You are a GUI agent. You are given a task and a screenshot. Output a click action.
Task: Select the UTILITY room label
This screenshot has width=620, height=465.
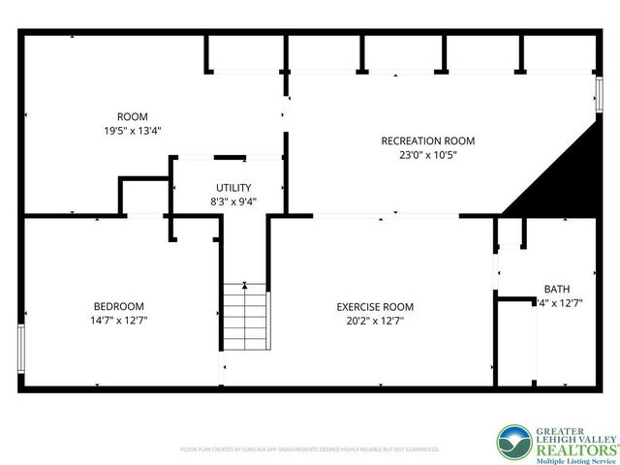click(233, 188)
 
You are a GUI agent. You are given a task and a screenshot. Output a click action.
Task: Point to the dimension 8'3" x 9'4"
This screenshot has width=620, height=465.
click(233, 201)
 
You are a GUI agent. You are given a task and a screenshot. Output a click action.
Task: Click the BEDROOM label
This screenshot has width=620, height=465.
click(119, 306)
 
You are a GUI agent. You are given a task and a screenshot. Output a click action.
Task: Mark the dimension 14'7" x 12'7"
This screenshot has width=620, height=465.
click(119, 320)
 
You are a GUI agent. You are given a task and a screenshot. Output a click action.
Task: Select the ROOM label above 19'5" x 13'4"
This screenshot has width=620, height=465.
click(132, 116)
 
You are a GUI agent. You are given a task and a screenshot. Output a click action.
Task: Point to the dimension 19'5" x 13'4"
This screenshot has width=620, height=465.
click(132, 130)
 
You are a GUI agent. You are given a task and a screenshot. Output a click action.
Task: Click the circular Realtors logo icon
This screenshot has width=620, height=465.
click(513, 442)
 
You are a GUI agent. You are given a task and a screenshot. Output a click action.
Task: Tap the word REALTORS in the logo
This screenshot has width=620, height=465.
click(567, 448)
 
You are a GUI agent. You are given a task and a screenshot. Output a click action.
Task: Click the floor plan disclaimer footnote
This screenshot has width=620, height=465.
click(310, 449)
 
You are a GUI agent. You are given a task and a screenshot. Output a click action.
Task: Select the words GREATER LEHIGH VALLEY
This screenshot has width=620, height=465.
click(567, 435)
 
